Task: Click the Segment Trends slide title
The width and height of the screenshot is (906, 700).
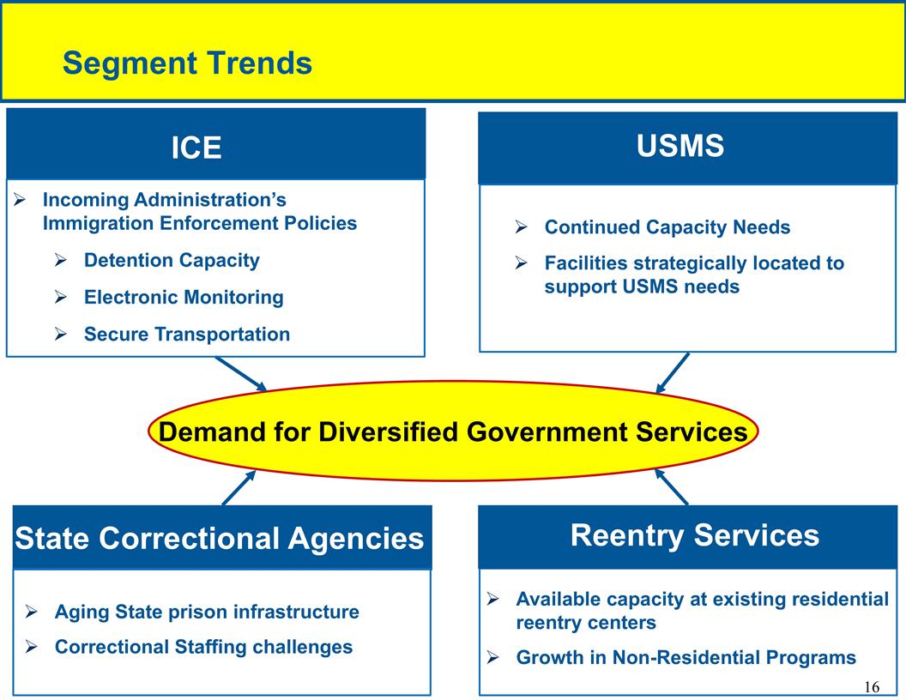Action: click(187, 63)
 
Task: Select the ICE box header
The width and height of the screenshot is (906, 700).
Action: click(196, 148)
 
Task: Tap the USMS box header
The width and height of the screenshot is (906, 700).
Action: click(680, 147)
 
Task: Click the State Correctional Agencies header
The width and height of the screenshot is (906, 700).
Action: click(220, 538)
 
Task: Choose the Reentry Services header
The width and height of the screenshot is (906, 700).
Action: click(694, 535)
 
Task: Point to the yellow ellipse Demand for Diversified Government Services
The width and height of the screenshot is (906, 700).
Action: click(453, 431)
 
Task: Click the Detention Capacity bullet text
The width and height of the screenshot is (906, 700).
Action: click(172, 261)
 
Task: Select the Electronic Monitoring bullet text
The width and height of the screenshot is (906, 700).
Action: click(184, 298)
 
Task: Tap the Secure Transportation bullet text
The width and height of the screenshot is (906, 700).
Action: click(187, 335)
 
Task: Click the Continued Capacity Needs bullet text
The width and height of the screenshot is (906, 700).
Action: click(667, 228)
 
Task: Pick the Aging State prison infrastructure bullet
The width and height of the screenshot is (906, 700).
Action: click(207, 612)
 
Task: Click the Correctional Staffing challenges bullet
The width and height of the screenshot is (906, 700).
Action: click(203, 647)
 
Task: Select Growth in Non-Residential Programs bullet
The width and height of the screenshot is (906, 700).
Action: click(686, 658)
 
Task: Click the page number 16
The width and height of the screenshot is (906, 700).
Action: click(871, 687)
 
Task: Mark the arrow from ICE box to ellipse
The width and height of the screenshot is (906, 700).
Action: click(242, 373)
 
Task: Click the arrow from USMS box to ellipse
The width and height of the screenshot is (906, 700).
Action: click(673, 373)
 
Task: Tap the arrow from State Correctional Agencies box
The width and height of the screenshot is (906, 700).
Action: click(239, 487)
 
